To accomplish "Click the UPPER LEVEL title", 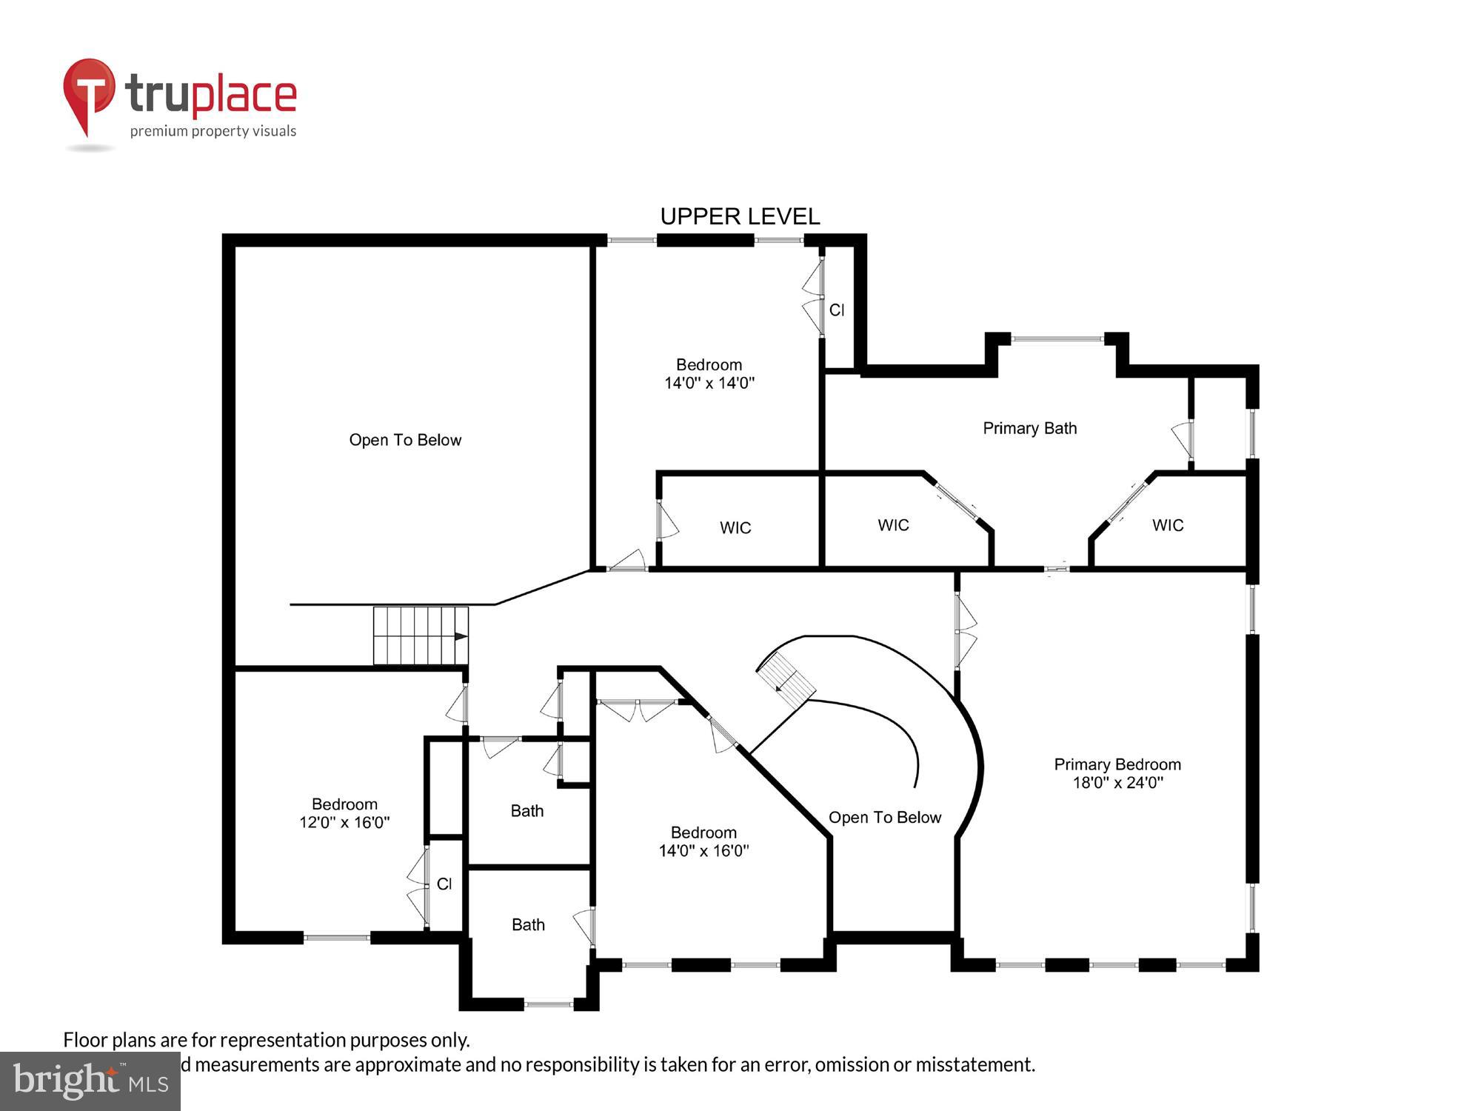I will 740,216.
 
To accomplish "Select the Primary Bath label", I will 1029,428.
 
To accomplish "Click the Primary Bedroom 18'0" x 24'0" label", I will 1117,773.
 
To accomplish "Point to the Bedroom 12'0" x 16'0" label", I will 344,813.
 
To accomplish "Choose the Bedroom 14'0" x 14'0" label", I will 709,373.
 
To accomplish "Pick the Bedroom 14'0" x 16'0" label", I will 703,841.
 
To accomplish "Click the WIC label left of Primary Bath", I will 893,525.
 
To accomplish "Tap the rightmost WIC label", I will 1168,525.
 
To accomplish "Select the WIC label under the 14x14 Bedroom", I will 735,528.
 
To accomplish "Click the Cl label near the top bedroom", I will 837,310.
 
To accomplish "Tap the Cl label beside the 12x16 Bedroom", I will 444,884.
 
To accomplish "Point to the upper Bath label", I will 527,811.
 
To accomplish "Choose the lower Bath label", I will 528,924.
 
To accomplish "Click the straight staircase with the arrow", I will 421,635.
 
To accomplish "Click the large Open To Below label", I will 405,440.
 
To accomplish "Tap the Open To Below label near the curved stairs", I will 885,817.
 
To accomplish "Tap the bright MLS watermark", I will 90,1082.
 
